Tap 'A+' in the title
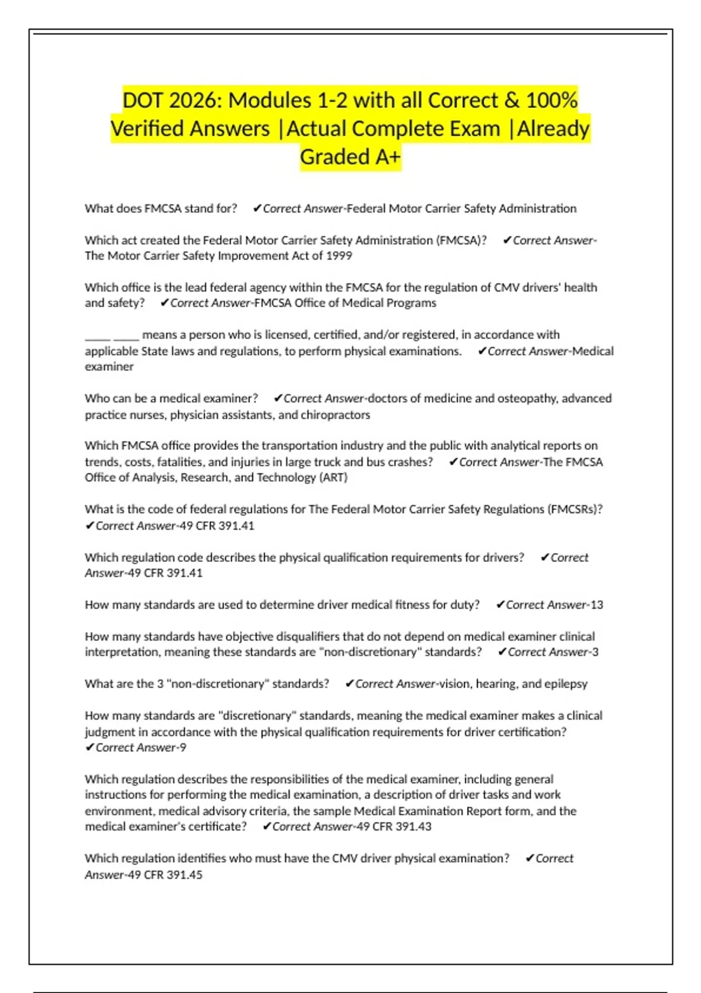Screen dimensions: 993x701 (x=387, y=157)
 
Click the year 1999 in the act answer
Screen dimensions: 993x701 (x=339, y=256)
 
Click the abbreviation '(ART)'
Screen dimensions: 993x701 (x=333, y=478)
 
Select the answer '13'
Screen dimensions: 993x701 (x=596, y=605)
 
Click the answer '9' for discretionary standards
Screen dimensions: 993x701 (x=183, y=748)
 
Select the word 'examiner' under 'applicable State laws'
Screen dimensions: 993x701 (x=109, y=367)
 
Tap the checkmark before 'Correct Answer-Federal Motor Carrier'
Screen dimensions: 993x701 (x=256, y=209)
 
